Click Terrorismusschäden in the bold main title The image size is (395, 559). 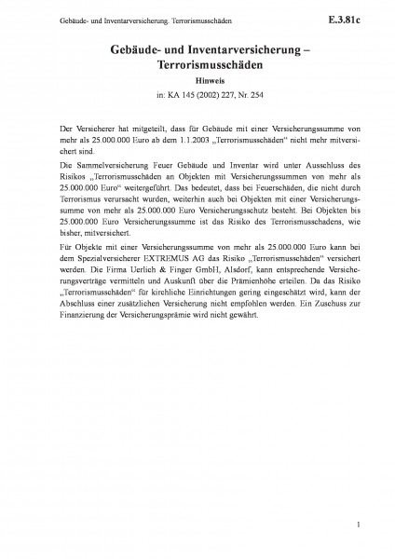(x=197, y=67)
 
